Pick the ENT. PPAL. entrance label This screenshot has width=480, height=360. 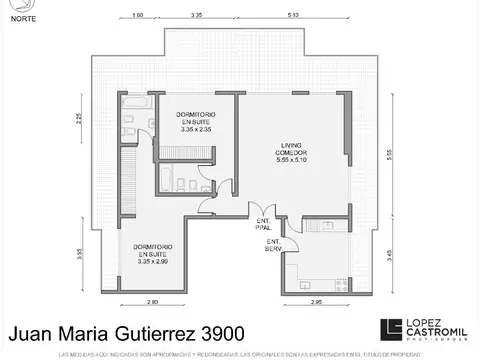click(x=264, y=224)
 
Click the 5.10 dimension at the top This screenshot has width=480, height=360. click(x=292, y=16)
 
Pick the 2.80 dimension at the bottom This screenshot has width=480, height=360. click(x=152, y=301)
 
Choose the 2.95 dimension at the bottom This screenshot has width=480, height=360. click(x=316, y=301)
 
